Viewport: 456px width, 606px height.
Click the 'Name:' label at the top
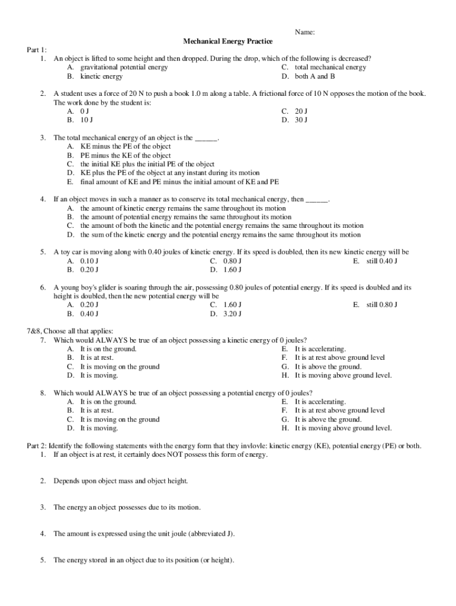pyautogui.click(x=304, y=32)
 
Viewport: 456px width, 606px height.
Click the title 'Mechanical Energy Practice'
pyautogui.click(x=228, y=41)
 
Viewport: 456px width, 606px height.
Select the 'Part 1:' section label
pyautogui.click(x=37, y=50)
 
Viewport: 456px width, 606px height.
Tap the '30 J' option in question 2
pyautogui.click(x=301, y=120)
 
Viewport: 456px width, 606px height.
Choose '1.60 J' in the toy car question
pyautogui.click(x=232, y=270)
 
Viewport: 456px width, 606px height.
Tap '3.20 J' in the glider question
pyautogui.click(x=232, y=314)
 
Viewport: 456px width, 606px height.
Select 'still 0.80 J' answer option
pyautogui.click(x=381, y=305)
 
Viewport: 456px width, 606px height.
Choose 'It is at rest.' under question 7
pyautogui.click(x=97, y=357)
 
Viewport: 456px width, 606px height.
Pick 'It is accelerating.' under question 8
pyautogui.click(x=320, y=402)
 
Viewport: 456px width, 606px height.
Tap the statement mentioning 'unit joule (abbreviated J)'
pyautogui.click(x=144, y=534)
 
